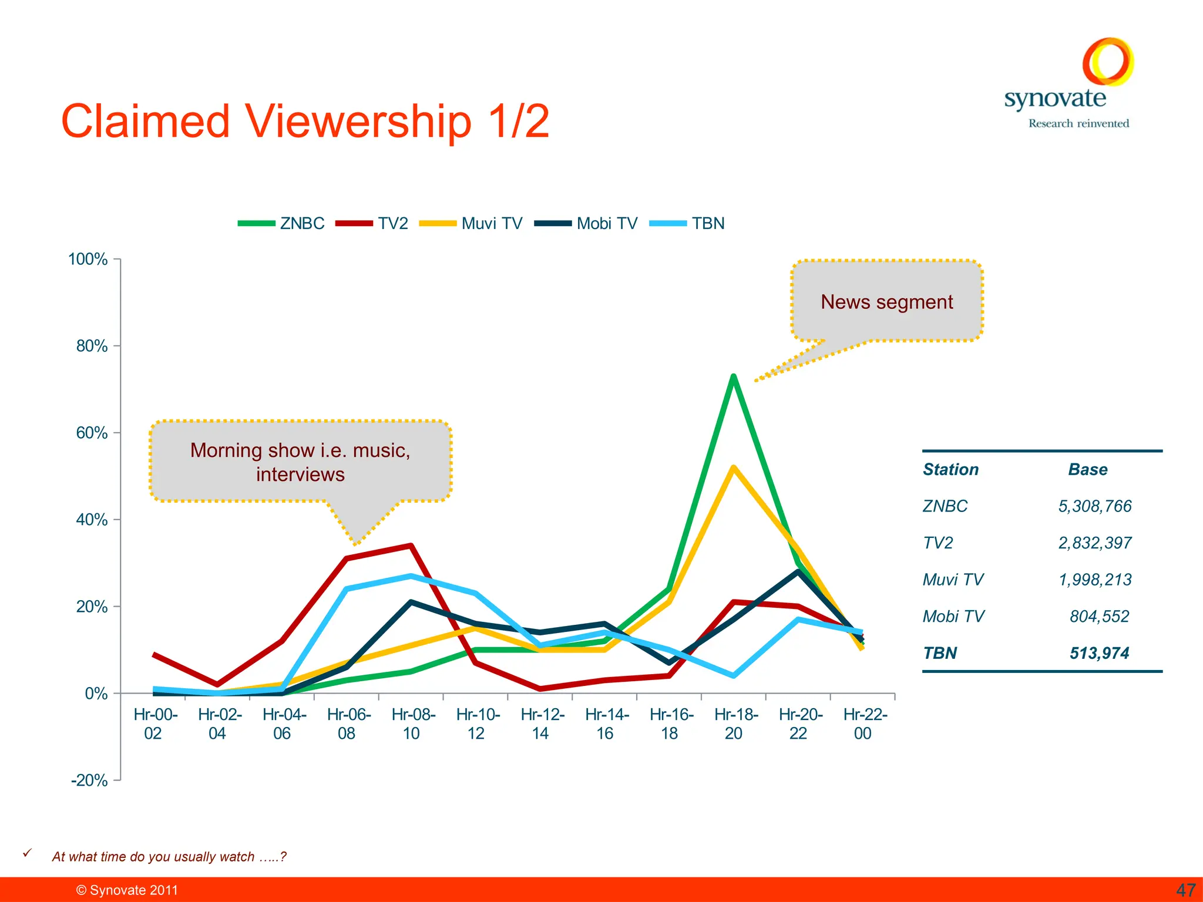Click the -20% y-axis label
pos(89,780)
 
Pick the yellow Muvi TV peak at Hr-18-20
pos(734,468)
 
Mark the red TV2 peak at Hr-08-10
pos(411,546)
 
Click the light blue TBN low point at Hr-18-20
pos(734,675)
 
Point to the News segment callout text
pos(886,302)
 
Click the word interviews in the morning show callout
pos(300,474)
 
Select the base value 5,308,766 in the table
pos(1094,506)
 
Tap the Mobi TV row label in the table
pos(953,617)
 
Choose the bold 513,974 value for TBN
pos(1099,653)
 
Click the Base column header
pos(1087,470)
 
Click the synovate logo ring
pos(1107,62)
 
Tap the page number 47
pos(1185,890)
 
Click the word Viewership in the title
pos(358,122)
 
